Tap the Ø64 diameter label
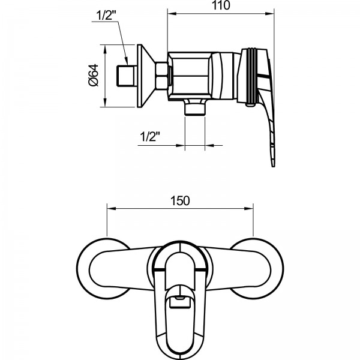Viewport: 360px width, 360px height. [92, 76]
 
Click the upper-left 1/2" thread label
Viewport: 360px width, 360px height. [106, 16]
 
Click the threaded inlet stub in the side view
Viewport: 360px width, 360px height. [124, 76]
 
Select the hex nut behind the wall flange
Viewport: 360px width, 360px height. [163, 76]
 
